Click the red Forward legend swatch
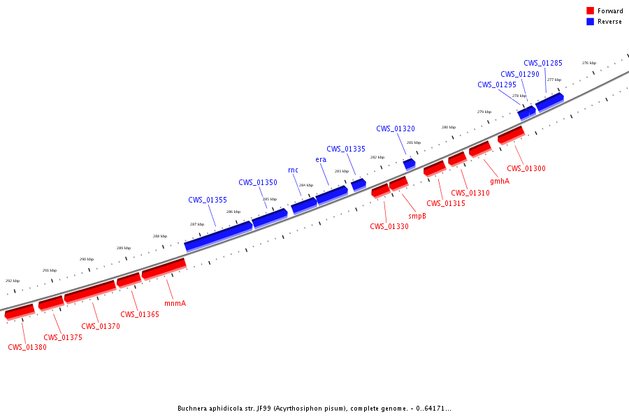590,11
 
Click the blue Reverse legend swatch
590,22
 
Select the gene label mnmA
175,303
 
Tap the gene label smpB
417,216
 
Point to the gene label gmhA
499,181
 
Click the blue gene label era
321,159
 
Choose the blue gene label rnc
293,170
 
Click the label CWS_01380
27,347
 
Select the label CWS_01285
543,63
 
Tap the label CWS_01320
396,128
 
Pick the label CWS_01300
526,168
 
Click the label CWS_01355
208,200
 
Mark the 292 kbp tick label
13,281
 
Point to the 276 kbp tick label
589,63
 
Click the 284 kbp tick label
306,185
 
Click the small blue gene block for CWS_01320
410,163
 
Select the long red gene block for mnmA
164,268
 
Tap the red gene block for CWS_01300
511,134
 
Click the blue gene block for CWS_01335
359,184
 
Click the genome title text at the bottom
314,409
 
